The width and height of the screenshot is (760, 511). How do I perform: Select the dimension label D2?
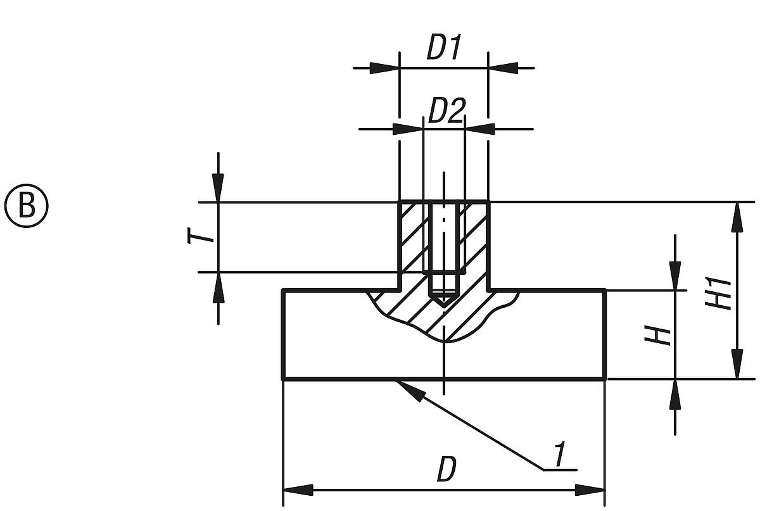pyautogui.click(x=446, y=112)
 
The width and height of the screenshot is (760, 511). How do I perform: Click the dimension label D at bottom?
pyautogui.click(x=446, y=470)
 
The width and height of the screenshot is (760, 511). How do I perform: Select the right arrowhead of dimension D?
pyautogui.click(x=590, y=491)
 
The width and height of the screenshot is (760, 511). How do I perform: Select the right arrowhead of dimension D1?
pyautogui.click(x=503, y=66)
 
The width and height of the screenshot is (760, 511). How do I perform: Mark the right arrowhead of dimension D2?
pyautogui.click(x=479, y=129)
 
